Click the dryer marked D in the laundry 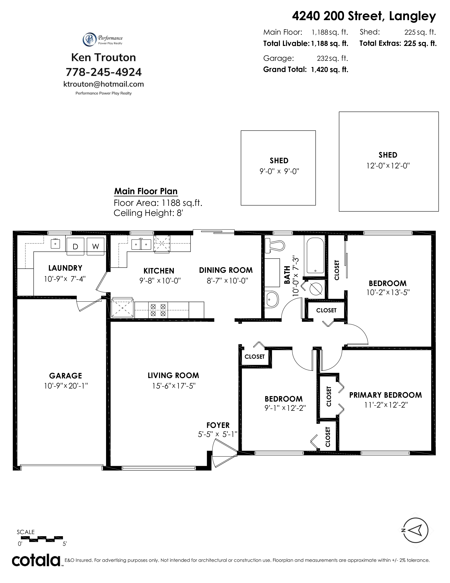point(75,246)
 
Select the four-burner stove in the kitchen point(158,310)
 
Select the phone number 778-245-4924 point(104,72)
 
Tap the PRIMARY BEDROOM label point(385,395)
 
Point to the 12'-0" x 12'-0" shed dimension point(388,166)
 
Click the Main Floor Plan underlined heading point(146,191)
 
